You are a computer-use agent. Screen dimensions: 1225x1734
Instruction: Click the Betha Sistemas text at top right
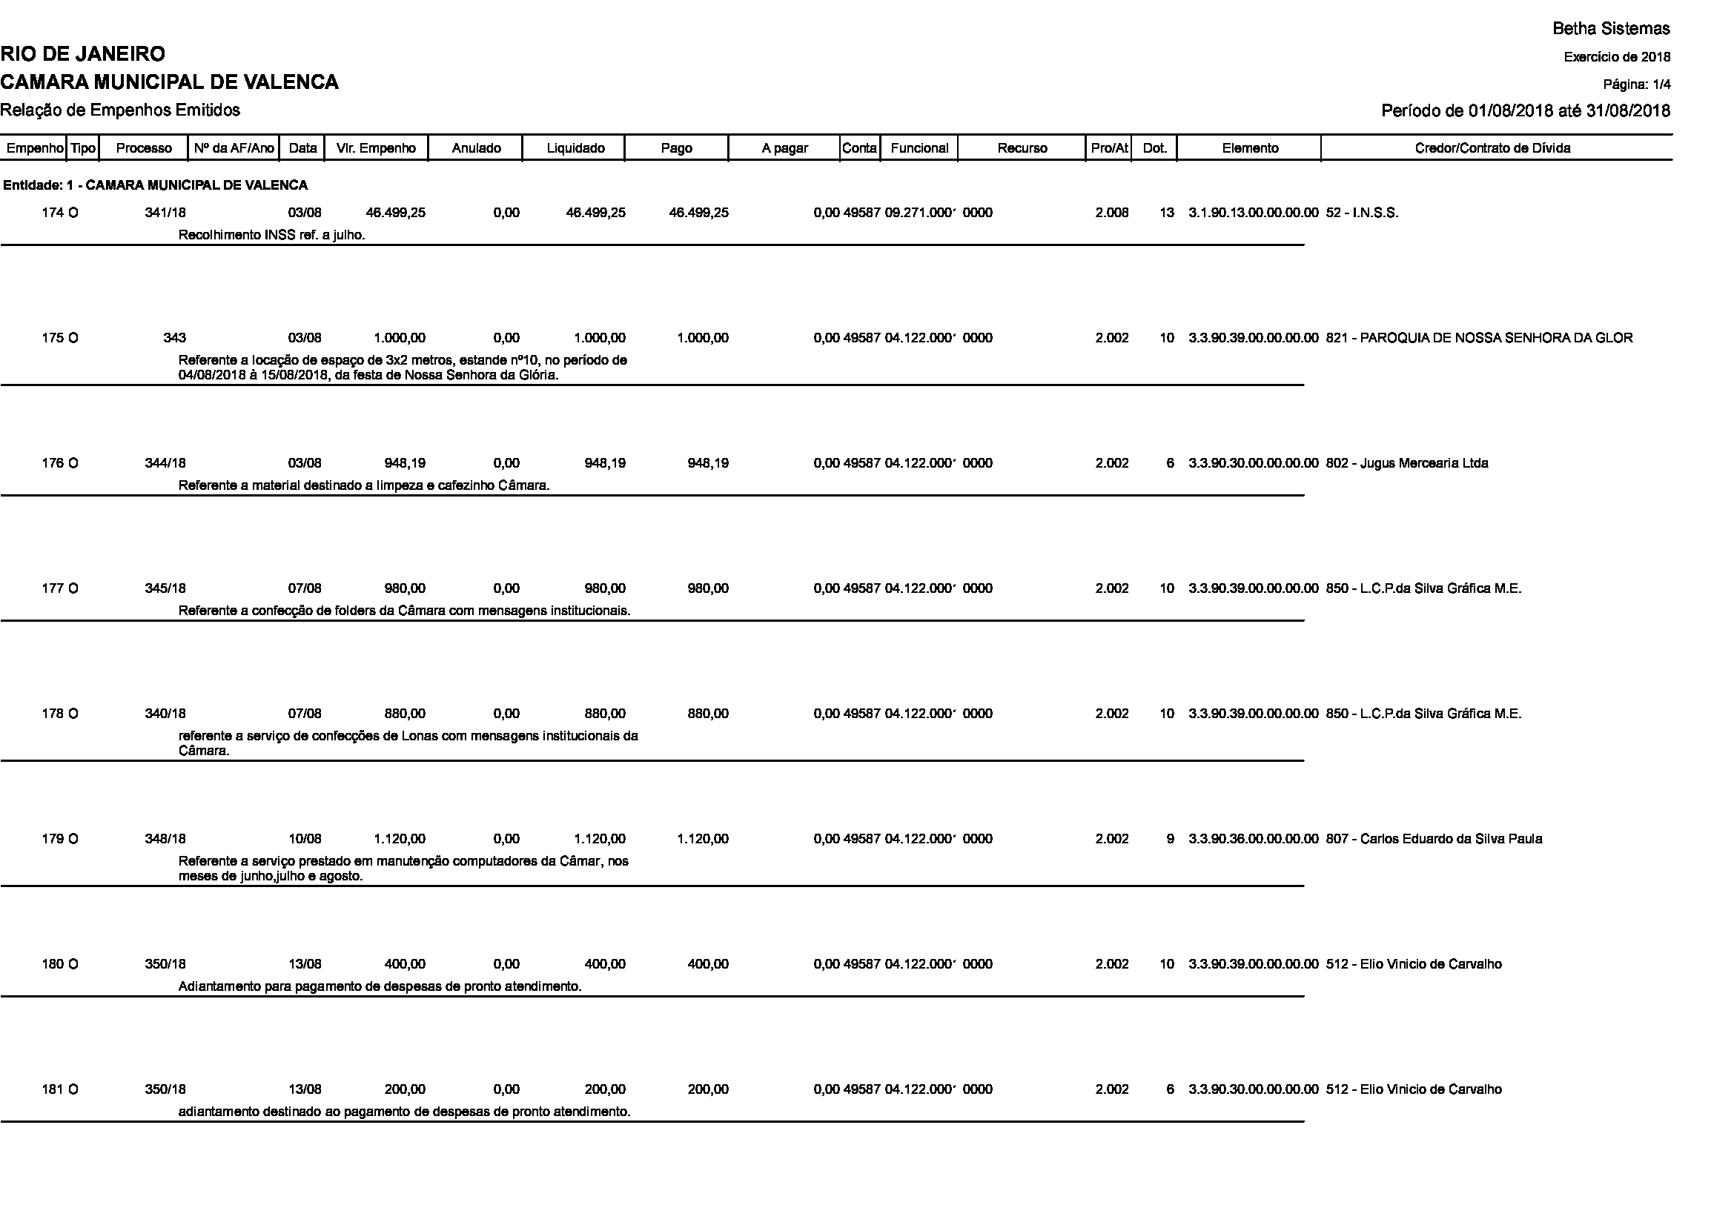click(1611, 29)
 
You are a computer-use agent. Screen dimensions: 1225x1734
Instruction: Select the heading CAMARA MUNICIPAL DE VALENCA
click(169, 82)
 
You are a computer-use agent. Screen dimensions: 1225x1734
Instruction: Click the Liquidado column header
click(575, 148)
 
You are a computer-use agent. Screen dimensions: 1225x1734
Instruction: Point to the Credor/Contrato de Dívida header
click(1492, 148)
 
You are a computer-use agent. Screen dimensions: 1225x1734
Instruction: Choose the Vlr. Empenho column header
click(376, 148)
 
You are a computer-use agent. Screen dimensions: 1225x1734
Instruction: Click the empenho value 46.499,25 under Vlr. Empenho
click(396, 213)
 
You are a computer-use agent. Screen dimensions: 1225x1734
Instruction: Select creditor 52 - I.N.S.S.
click(1362, 213)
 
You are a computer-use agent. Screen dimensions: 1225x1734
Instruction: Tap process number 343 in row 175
click(174, 338)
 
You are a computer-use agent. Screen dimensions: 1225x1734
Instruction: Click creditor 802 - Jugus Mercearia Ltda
click(1406, 463)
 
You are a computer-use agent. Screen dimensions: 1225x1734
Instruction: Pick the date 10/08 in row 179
click(305, 839)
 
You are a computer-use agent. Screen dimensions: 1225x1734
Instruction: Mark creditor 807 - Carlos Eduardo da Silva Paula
click(1434, 839)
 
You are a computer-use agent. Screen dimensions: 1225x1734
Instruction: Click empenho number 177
click(53, 588)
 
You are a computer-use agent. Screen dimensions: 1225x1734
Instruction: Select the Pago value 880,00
click(708, 714)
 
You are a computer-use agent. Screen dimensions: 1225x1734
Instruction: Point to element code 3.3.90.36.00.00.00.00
click(1253, 839)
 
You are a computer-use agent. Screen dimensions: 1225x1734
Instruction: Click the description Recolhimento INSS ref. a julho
click(272, 235)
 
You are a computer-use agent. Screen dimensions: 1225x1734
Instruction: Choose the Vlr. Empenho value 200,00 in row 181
click(405, 1089)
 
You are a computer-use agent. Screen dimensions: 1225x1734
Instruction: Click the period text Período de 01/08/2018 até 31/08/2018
click(1525, 111)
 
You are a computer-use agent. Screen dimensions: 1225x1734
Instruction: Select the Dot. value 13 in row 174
click(1167, 213)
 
